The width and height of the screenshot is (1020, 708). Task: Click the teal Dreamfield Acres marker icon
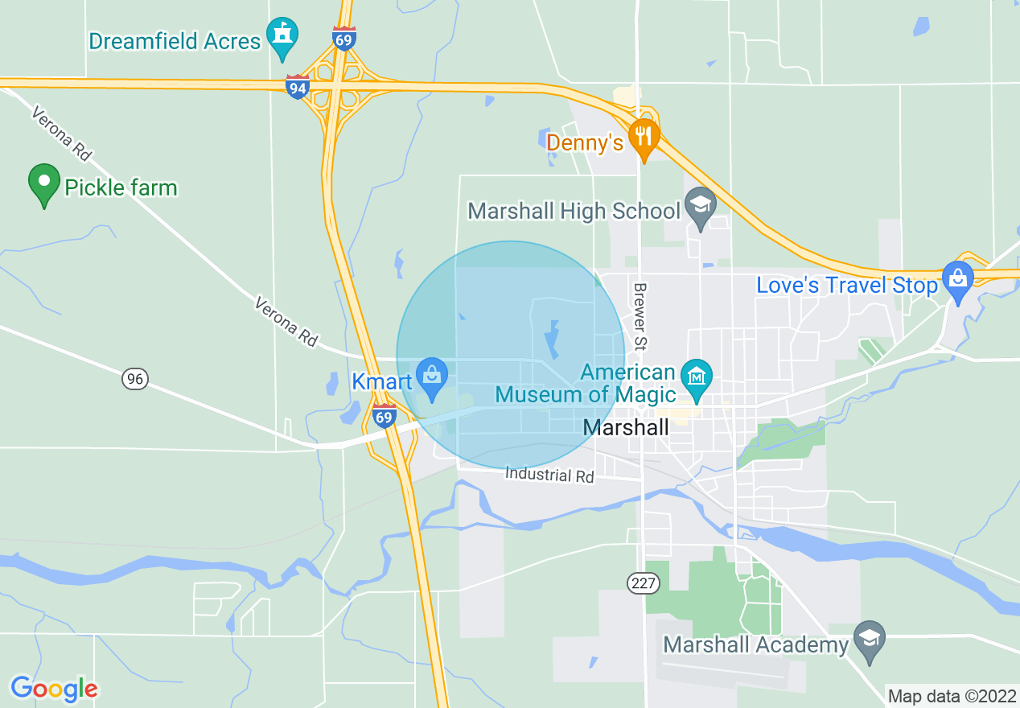(x=282, y=35)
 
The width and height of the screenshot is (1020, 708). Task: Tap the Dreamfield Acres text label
(x=175, y=41)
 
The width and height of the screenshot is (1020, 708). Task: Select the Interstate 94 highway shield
(x=298, y=86)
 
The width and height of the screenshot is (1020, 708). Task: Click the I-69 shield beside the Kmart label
(x=385, y=416)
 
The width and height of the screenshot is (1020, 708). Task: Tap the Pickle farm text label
(x=121, y=188)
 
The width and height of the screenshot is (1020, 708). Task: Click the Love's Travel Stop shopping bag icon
(x=957, y=279)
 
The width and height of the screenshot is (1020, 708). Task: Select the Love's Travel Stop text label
(x=847, y=286)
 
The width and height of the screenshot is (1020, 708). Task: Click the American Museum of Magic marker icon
(x=695, y=376)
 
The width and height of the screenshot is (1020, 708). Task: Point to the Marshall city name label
(x=626, y=427)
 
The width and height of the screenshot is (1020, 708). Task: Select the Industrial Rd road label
(x=549, y=475)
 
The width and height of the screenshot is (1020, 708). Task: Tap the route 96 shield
(x=135, y=378)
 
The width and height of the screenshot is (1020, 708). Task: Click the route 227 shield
(x=644, y=583)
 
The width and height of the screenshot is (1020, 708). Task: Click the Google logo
(x=54, y=689)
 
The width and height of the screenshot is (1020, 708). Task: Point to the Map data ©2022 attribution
(x=951, y=695)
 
